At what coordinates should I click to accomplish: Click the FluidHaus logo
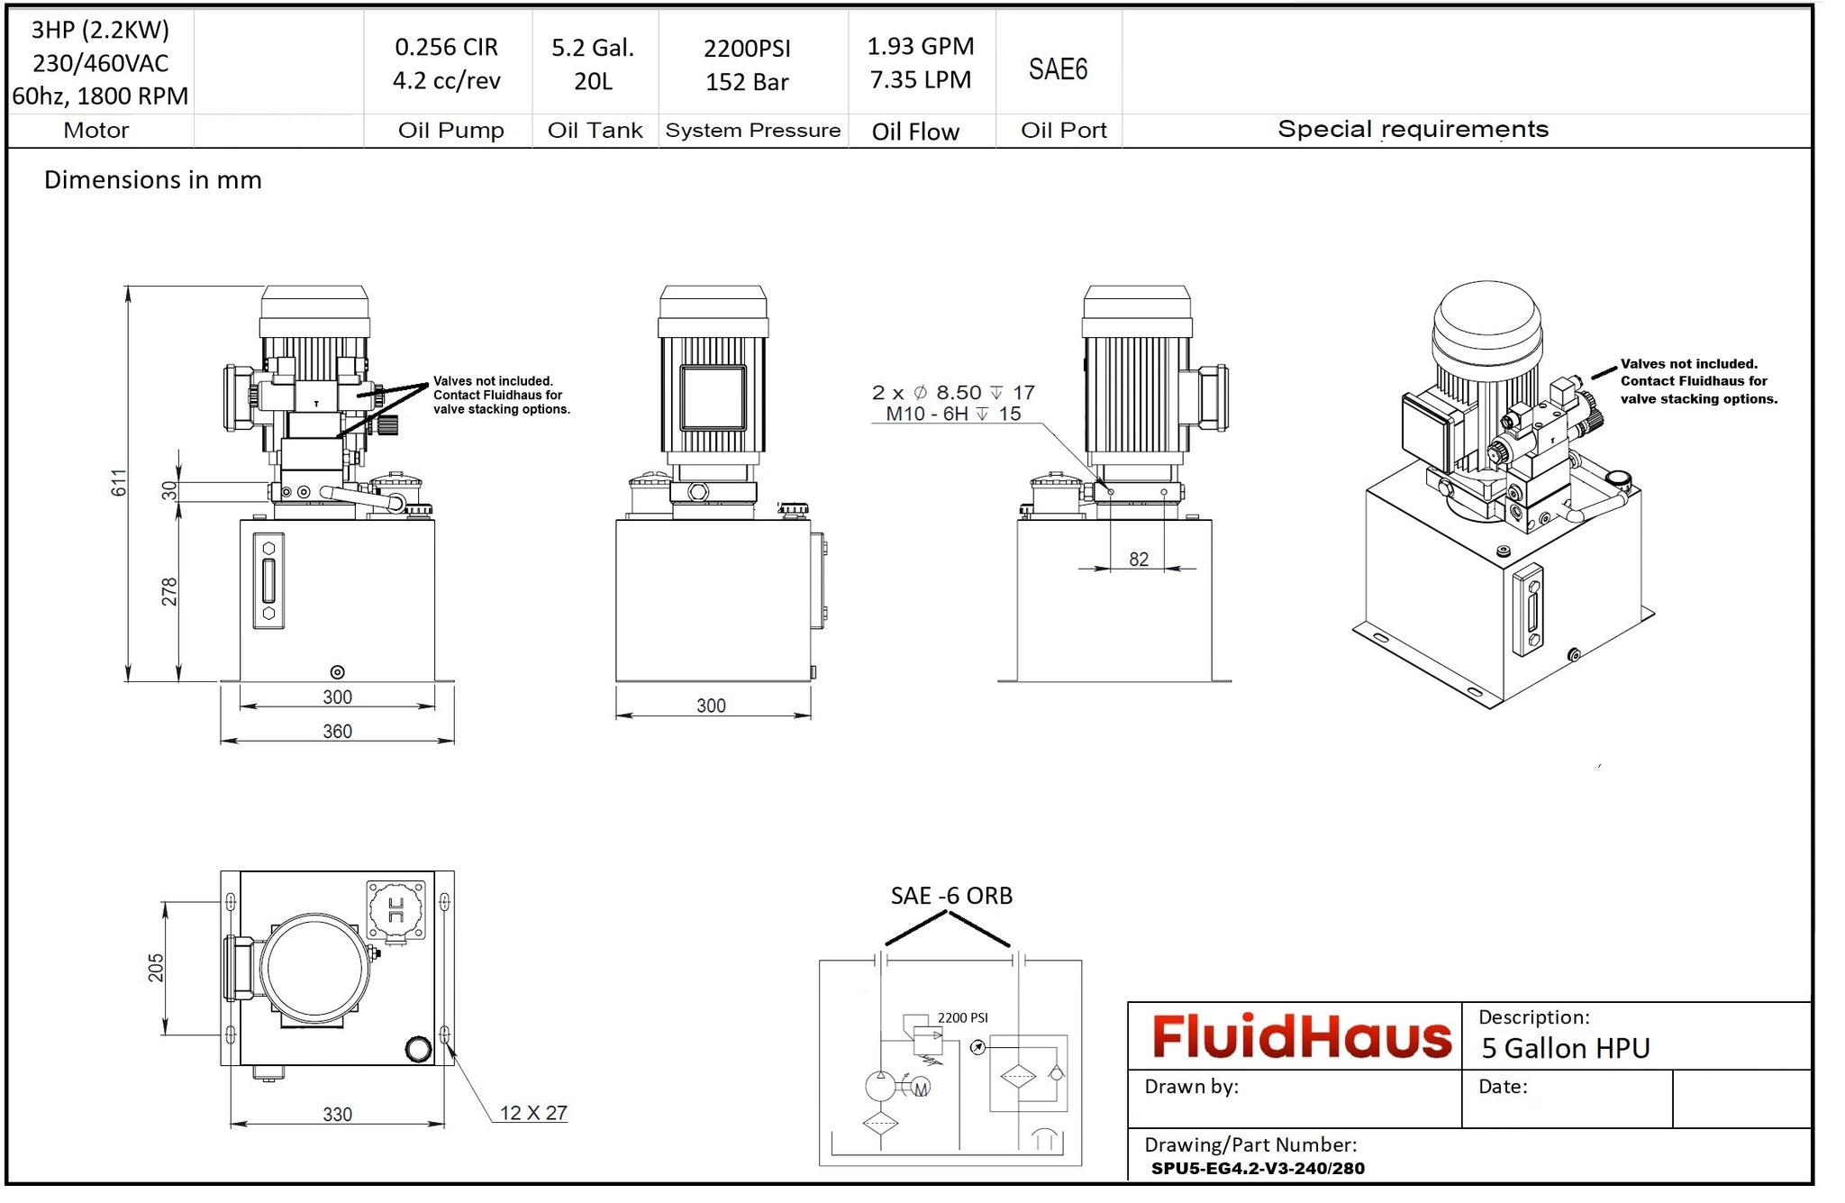pos(1301,1036)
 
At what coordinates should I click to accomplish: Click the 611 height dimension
pos(119,483)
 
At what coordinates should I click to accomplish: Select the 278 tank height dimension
pos(169,592)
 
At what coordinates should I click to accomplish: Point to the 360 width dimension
pos(337,731)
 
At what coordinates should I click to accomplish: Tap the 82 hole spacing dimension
pos(1139,560)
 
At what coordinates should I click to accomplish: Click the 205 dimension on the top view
pos(156,968)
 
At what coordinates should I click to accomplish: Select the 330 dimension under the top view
pos(337,1115)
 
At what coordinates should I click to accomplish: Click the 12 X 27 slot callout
pos(533,1113)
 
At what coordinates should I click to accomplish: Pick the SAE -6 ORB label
pos(951,896)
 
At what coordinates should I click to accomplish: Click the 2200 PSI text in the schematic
pos(962,1017)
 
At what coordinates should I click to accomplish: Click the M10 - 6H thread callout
pos(952,414)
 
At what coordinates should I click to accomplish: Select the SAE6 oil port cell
pos(1058,69)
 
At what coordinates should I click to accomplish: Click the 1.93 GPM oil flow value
pos(920,46)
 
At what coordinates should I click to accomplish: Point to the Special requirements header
pos(1413,129)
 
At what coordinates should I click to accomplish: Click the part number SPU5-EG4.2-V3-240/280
pos(1258,1169)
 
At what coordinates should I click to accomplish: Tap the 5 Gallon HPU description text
pos(1566,1049)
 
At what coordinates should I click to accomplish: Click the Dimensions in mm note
pos(153,180)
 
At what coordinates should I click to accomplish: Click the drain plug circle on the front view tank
pos(337,672)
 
